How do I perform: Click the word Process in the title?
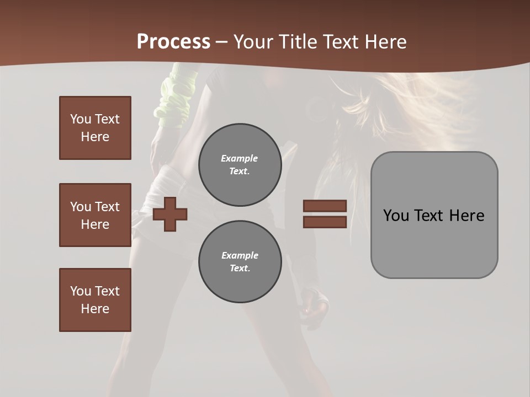coord(173,42)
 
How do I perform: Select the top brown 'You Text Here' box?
coord(95,128)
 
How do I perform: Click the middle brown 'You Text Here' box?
coord(95,215)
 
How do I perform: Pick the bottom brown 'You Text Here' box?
coord(95,300)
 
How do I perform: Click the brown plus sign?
coord(170,214)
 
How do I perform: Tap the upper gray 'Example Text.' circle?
coord(240,165)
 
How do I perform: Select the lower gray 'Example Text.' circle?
coord(240,262)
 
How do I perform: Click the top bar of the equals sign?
coord(325,206)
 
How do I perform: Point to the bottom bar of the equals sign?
coord(325,222)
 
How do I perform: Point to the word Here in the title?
coord(386,42)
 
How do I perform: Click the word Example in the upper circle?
coord(240,158)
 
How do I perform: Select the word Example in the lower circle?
coord(240,255)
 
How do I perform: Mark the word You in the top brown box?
coord(81,119)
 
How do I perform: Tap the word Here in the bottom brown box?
coord(95,309)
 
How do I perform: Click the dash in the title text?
coord(222,42)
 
